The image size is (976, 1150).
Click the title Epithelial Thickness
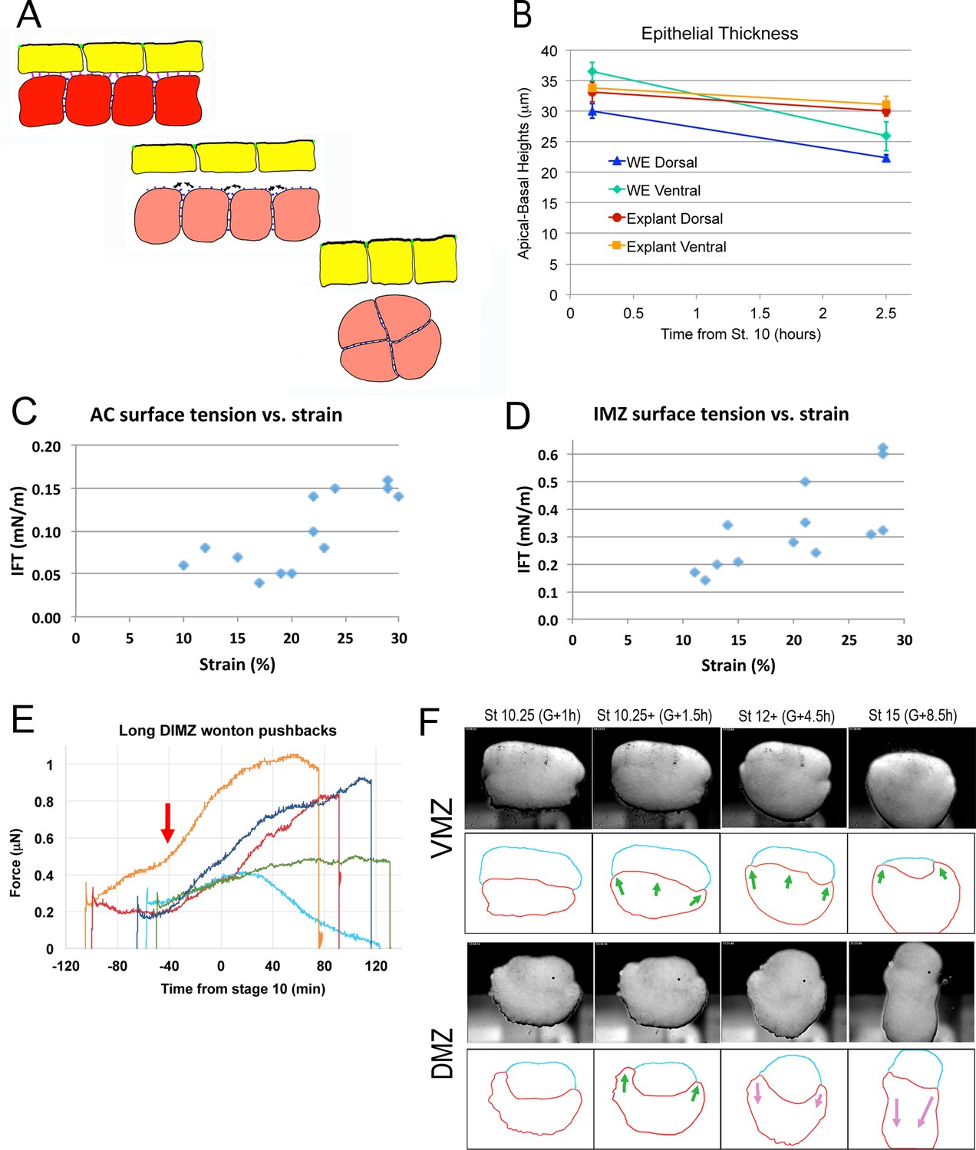719,34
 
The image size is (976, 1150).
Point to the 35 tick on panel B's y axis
549,81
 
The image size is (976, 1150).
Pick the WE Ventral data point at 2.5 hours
886,136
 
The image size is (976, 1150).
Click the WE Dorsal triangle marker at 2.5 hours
886,158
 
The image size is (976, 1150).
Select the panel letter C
24,412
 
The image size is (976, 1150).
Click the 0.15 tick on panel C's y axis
46,488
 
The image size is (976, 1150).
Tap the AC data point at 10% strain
183,565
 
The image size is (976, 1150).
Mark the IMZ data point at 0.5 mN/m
805,481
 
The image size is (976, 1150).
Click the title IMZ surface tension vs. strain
720,414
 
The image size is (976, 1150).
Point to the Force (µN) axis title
15,863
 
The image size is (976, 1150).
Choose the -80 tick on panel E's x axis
117,966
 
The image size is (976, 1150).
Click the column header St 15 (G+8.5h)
912,715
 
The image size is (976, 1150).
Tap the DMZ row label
443,1053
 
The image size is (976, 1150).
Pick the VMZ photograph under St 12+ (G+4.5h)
783,777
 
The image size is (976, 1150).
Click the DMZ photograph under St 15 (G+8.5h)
912,992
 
